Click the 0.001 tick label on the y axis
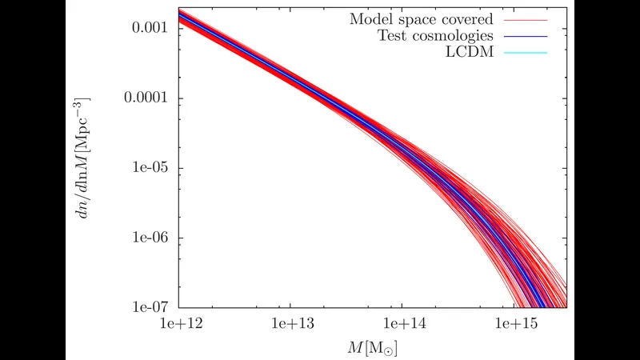coord(150,27)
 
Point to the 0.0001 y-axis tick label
coord(146,97)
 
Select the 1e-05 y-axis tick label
coord(150,167)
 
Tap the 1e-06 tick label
coord(150,237)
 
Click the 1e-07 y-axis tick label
coord(150,307)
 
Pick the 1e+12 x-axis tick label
coord(182,324)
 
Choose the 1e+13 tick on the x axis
coord(293,324)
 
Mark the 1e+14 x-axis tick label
coord(405,324)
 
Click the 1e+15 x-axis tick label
coord(516,324)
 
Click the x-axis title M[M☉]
coord(372,348)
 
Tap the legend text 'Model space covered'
coord(422,19)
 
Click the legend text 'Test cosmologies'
coord(435,35)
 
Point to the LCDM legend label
coord(470,52)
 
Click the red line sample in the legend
coord(526,20)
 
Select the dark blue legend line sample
coord(526,36)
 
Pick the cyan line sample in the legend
coord(526,53)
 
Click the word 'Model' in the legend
coord(370,19)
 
